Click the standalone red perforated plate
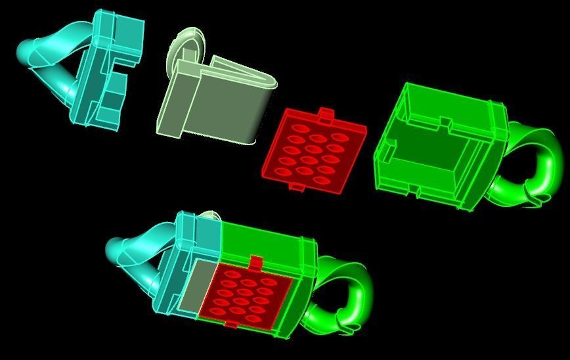[313, 151]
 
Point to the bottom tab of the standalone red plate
[297, 188]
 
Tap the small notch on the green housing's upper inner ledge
[445, 122]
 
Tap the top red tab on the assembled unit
[256, 263]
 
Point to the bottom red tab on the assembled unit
[231, 323]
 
